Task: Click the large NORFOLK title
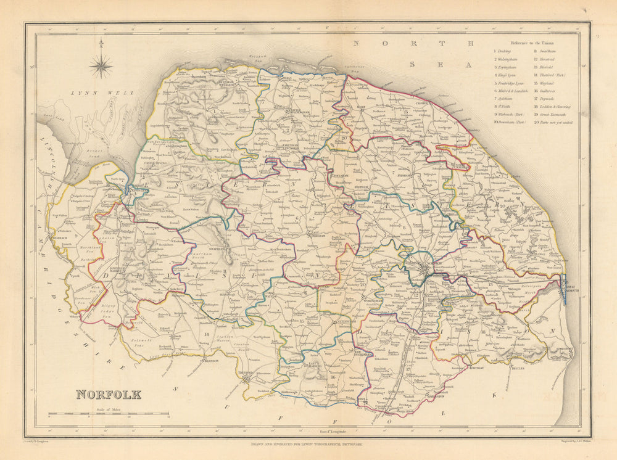coord(109,394)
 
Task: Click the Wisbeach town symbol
coord(60,236)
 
